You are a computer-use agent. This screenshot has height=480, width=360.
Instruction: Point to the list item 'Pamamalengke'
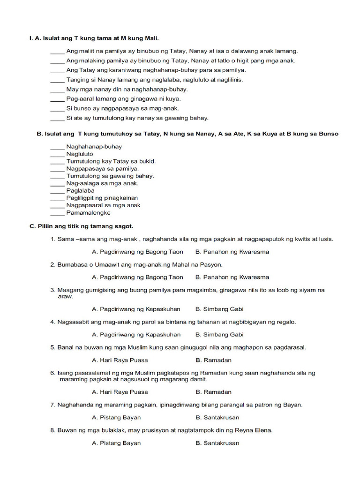pos(89,212)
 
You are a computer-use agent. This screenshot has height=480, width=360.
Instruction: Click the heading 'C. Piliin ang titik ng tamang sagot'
pos(82,226)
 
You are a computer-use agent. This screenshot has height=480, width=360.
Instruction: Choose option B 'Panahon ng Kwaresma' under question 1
pos(232,252)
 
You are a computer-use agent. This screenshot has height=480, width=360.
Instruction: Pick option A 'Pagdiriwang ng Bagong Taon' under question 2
pos(137,277)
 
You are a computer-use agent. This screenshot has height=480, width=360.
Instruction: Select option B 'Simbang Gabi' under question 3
pos(219,309)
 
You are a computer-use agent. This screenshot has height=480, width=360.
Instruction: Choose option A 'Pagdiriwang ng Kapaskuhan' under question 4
pos(136,335)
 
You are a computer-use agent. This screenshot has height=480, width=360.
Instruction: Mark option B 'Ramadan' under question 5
pos(213,360)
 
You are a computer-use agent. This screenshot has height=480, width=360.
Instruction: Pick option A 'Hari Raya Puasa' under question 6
pos(120,392)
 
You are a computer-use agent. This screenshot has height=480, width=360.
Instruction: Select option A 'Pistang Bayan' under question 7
pos(116,417)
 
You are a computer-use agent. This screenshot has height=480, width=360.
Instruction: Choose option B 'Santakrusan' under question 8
pos(217,443)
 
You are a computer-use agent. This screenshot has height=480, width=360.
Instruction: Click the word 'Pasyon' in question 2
pos(211,265)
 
